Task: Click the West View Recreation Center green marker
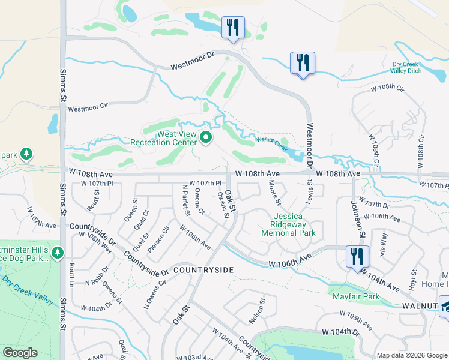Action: [x=206, y=139]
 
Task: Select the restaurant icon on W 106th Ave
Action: [x=357, y=257]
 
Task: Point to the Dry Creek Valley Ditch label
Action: [x=406, y=67]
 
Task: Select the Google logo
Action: [x=20, y=353]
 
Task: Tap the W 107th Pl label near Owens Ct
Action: [x=205, y=183]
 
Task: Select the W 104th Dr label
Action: [x=340, y=332]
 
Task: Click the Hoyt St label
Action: [x=413, y=280]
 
